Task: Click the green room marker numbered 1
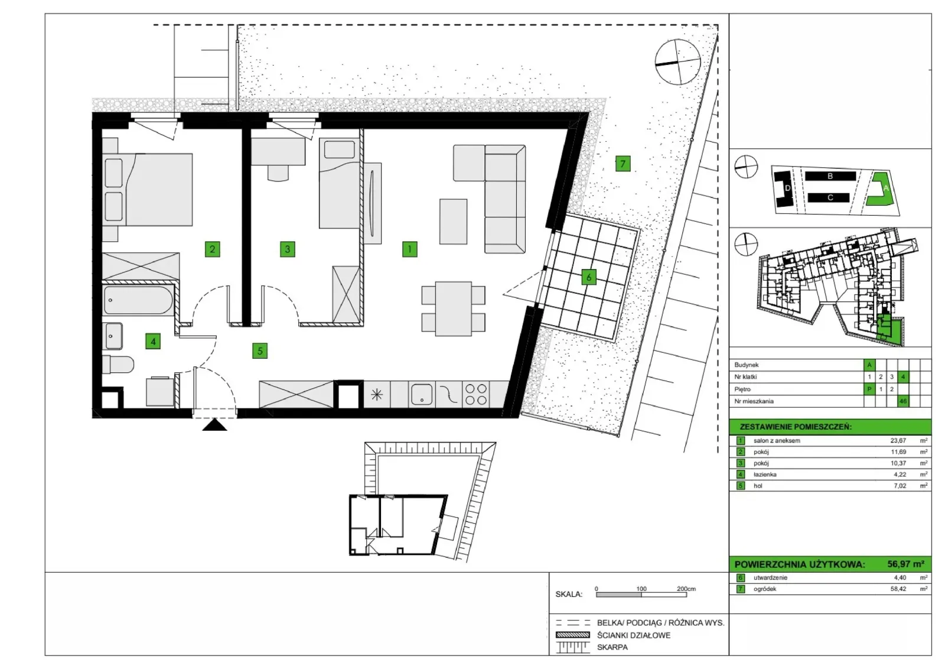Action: [x=409, y=249]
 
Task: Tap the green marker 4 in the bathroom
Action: [x=153, y=341]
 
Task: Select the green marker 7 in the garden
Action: [x=623, y=163]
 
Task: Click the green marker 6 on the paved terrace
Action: [x=588, y=277]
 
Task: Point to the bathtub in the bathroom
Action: [x=138, y=300]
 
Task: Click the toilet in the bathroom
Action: [x=118, y=364]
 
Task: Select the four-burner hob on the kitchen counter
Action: [x=476, y=395]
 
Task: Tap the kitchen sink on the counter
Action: [x=422, y=394]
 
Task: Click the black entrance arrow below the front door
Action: [x=215, y=424]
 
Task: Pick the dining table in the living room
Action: [x=454, y=309]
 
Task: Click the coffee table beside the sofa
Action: [x=453, y=222]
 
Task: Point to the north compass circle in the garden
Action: [x=678, y=62]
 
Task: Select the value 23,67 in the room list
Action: [x=898, y=441]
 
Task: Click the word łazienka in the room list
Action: [x=765, y=475]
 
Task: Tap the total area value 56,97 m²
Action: [x=906, y=564]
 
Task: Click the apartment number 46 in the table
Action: [x=903, y=401]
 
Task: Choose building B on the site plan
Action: [x=830, y=176]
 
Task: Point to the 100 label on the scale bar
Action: [x=641, y=589]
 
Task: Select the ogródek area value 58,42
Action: [x=898, y=589]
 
